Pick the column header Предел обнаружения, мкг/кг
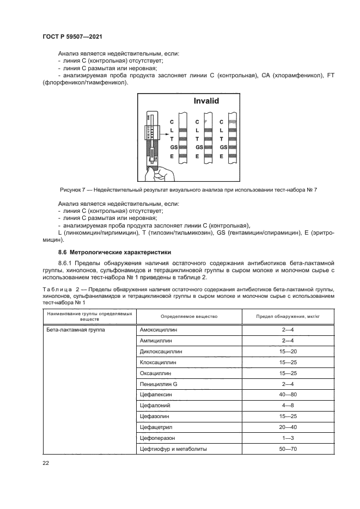click(286, 316)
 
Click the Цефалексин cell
click(156, 395)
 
